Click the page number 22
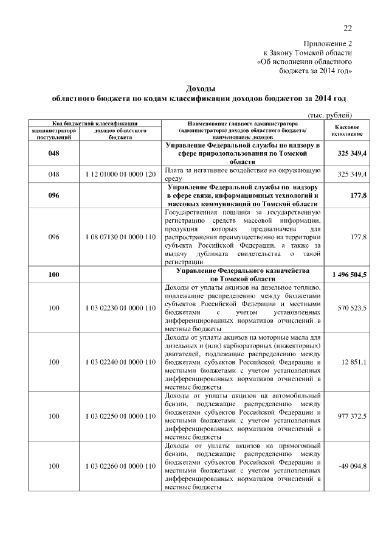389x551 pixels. point(348,27)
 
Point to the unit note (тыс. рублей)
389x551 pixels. point(330,115)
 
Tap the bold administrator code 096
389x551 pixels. point(53,196)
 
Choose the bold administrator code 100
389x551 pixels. point(53,275)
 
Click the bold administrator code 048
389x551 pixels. point(53,153)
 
